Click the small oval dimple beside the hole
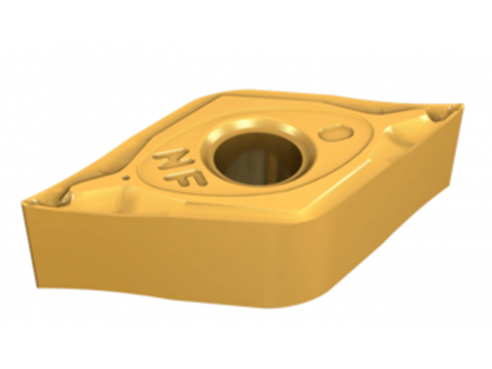(x=336, y=133)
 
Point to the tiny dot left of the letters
(x=127, y=178)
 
